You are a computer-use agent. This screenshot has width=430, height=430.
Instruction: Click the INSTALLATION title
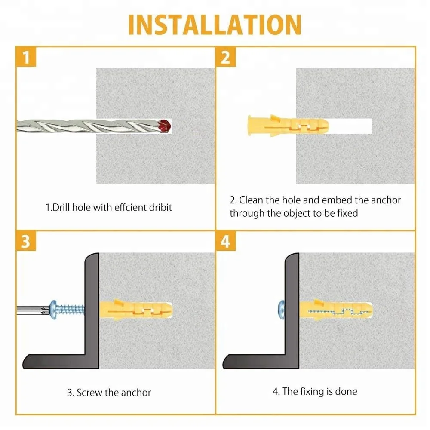pos(215,25)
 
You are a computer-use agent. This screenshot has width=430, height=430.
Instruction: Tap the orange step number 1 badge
pos(26,57)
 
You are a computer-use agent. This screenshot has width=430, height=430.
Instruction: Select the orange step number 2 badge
pos(226,57)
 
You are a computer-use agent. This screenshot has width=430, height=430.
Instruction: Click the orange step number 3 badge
pos(26,241)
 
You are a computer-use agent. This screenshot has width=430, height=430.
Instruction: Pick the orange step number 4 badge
pos(226,241)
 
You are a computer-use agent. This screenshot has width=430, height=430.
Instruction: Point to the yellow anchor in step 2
pos(288,126)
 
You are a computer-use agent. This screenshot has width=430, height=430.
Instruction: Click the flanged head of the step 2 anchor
pos(249,126)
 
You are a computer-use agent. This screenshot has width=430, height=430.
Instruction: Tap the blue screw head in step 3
pos(53,310)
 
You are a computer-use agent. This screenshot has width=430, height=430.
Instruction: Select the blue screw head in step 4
pos(282,310)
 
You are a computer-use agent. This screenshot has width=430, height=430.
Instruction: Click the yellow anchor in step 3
pos(136,310)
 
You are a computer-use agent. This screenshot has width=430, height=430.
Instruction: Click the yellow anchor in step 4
pos(336,310)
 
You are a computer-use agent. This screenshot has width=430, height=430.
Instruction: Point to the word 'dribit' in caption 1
pos(160,207)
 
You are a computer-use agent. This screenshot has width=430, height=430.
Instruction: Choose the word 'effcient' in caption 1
pos(130,207)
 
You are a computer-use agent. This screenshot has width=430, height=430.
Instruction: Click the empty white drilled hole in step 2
pos(350,126)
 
